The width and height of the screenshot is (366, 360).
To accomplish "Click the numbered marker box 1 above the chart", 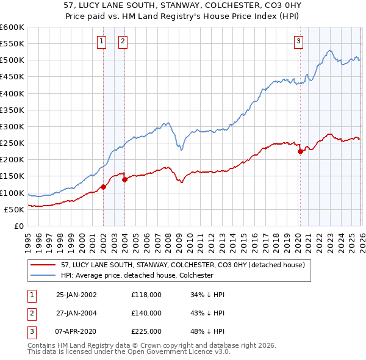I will [101, 41].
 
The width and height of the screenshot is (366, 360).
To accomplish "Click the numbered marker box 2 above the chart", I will [123, 41].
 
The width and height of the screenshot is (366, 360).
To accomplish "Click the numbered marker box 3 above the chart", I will [298, 41].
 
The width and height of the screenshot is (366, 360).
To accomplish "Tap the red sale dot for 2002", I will [103, 187].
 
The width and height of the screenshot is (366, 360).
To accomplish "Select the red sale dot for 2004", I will [124, 179].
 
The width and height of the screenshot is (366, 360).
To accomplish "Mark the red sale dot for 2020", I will [300, 152].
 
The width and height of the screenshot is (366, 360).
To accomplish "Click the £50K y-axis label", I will [13, 209].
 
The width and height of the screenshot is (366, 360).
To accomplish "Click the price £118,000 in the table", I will [146, 295].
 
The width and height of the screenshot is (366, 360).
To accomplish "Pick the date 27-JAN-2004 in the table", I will [76, 312].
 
